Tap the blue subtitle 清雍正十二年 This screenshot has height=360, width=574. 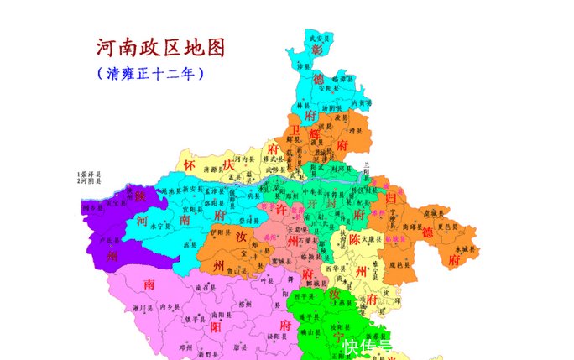click(x=151, y=74)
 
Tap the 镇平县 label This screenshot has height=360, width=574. click(x=194, y=320)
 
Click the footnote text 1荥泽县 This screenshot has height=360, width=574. click(x=88, y=175)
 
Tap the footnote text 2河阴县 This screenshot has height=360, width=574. click(x=88, y=181)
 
